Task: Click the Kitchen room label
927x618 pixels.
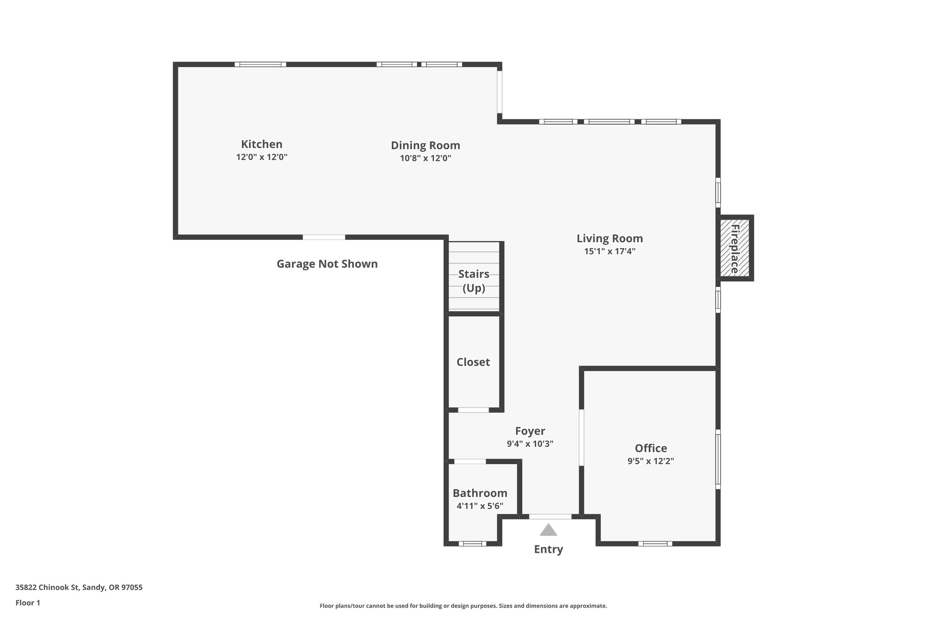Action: [x=262, y=144]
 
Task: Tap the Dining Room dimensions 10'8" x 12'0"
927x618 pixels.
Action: [x=425, y=158]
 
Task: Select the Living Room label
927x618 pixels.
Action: [x=610, y=239]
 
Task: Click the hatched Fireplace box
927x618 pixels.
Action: [x=734, y=248]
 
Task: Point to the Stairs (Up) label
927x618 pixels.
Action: [x=473, y=281]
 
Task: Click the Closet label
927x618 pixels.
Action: [x=473, y=362]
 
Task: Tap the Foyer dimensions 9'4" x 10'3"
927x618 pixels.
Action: [x=530, y=444]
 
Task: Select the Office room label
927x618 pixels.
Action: [x=651, y=448]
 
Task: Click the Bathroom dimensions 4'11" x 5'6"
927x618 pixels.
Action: [x=480, y=506]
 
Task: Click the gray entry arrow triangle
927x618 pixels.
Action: [x=548, y=530]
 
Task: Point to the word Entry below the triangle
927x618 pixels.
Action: [x=548, y=549]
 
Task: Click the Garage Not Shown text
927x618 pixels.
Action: [x=327, y=264]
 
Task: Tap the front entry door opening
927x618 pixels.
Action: [x=550, y=517]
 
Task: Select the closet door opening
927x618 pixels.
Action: [x=473, y=410]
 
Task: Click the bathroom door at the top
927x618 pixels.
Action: [x=470, y=462]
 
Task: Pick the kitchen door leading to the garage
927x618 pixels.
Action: [x=324, y=237]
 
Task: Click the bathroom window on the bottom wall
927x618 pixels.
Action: [x=472, y=544]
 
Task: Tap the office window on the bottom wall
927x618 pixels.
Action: [x=655, y=544]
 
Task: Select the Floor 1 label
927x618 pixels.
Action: [x=28, y=603]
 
